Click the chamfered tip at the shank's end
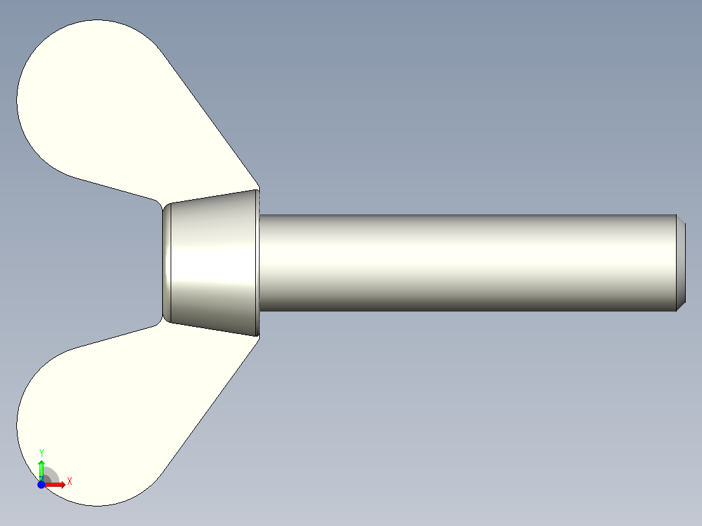[x=681, y=263]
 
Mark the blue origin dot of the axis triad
[x=41, y=485]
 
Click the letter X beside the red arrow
[x=70, y=481]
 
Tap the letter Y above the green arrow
[x=42, y=452]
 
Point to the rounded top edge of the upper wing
[x=91, y=20]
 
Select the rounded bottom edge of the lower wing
[x=98, y=505]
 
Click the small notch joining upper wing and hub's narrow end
[x=160, y=204]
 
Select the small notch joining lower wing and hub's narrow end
[x=160, y=322]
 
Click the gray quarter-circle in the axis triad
[x=51, y=476]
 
